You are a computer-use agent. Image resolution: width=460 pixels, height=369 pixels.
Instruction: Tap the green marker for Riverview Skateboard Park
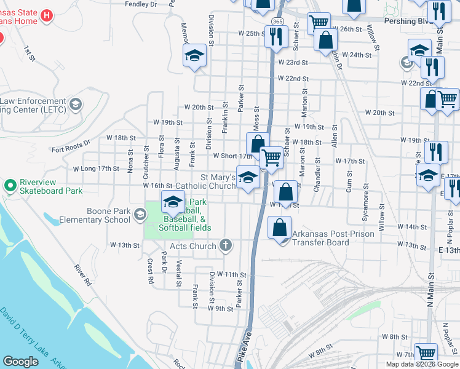[10, 184]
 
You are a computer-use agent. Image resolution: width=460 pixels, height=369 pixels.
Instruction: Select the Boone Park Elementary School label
[95, 215]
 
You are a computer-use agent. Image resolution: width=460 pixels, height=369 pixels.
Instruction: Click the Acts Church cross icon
[226, 246]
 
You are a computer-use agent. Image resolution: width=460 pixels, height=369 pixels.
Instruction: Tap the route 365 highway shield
[277, 22]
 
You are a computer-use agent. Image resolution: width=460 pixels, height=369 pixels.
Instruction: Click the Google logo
[20, 362]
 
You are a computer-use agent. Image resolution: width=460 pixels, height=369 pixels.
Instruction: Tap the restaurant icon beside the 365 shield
[277, 37]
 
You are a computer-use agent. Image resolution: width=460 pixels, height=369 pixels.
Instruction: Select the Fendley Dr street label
[141, 4]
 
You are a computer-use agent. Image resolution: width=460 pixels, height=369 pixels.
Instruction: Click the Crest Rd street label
[149, 271]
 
